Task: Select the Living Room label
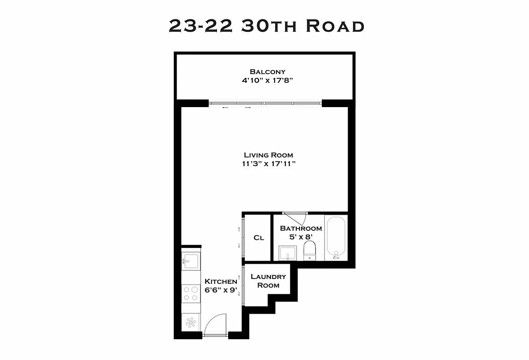click(x=268, y=155)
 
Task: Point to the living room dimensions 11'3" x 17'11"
click(x=268, y=164)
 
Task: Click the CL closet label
click(x=258, y=238)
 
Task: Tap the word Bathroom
click(x=301, y=229)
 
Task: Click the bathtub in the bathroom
click(x=336, y=238)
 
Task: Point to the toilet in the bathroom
click(x=309, y=250)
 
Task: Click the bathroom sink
click(x=287, y=253)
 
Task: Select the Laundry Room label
click(x=268, y=281)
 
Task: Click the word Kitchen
click(x=221, y=281)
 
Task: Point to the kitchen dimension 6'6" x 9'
click(x=221, y=290)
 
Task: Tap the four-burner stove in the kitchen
click(x=190, y=293)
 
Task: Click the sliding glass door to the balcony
click(x=266, y=103)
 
